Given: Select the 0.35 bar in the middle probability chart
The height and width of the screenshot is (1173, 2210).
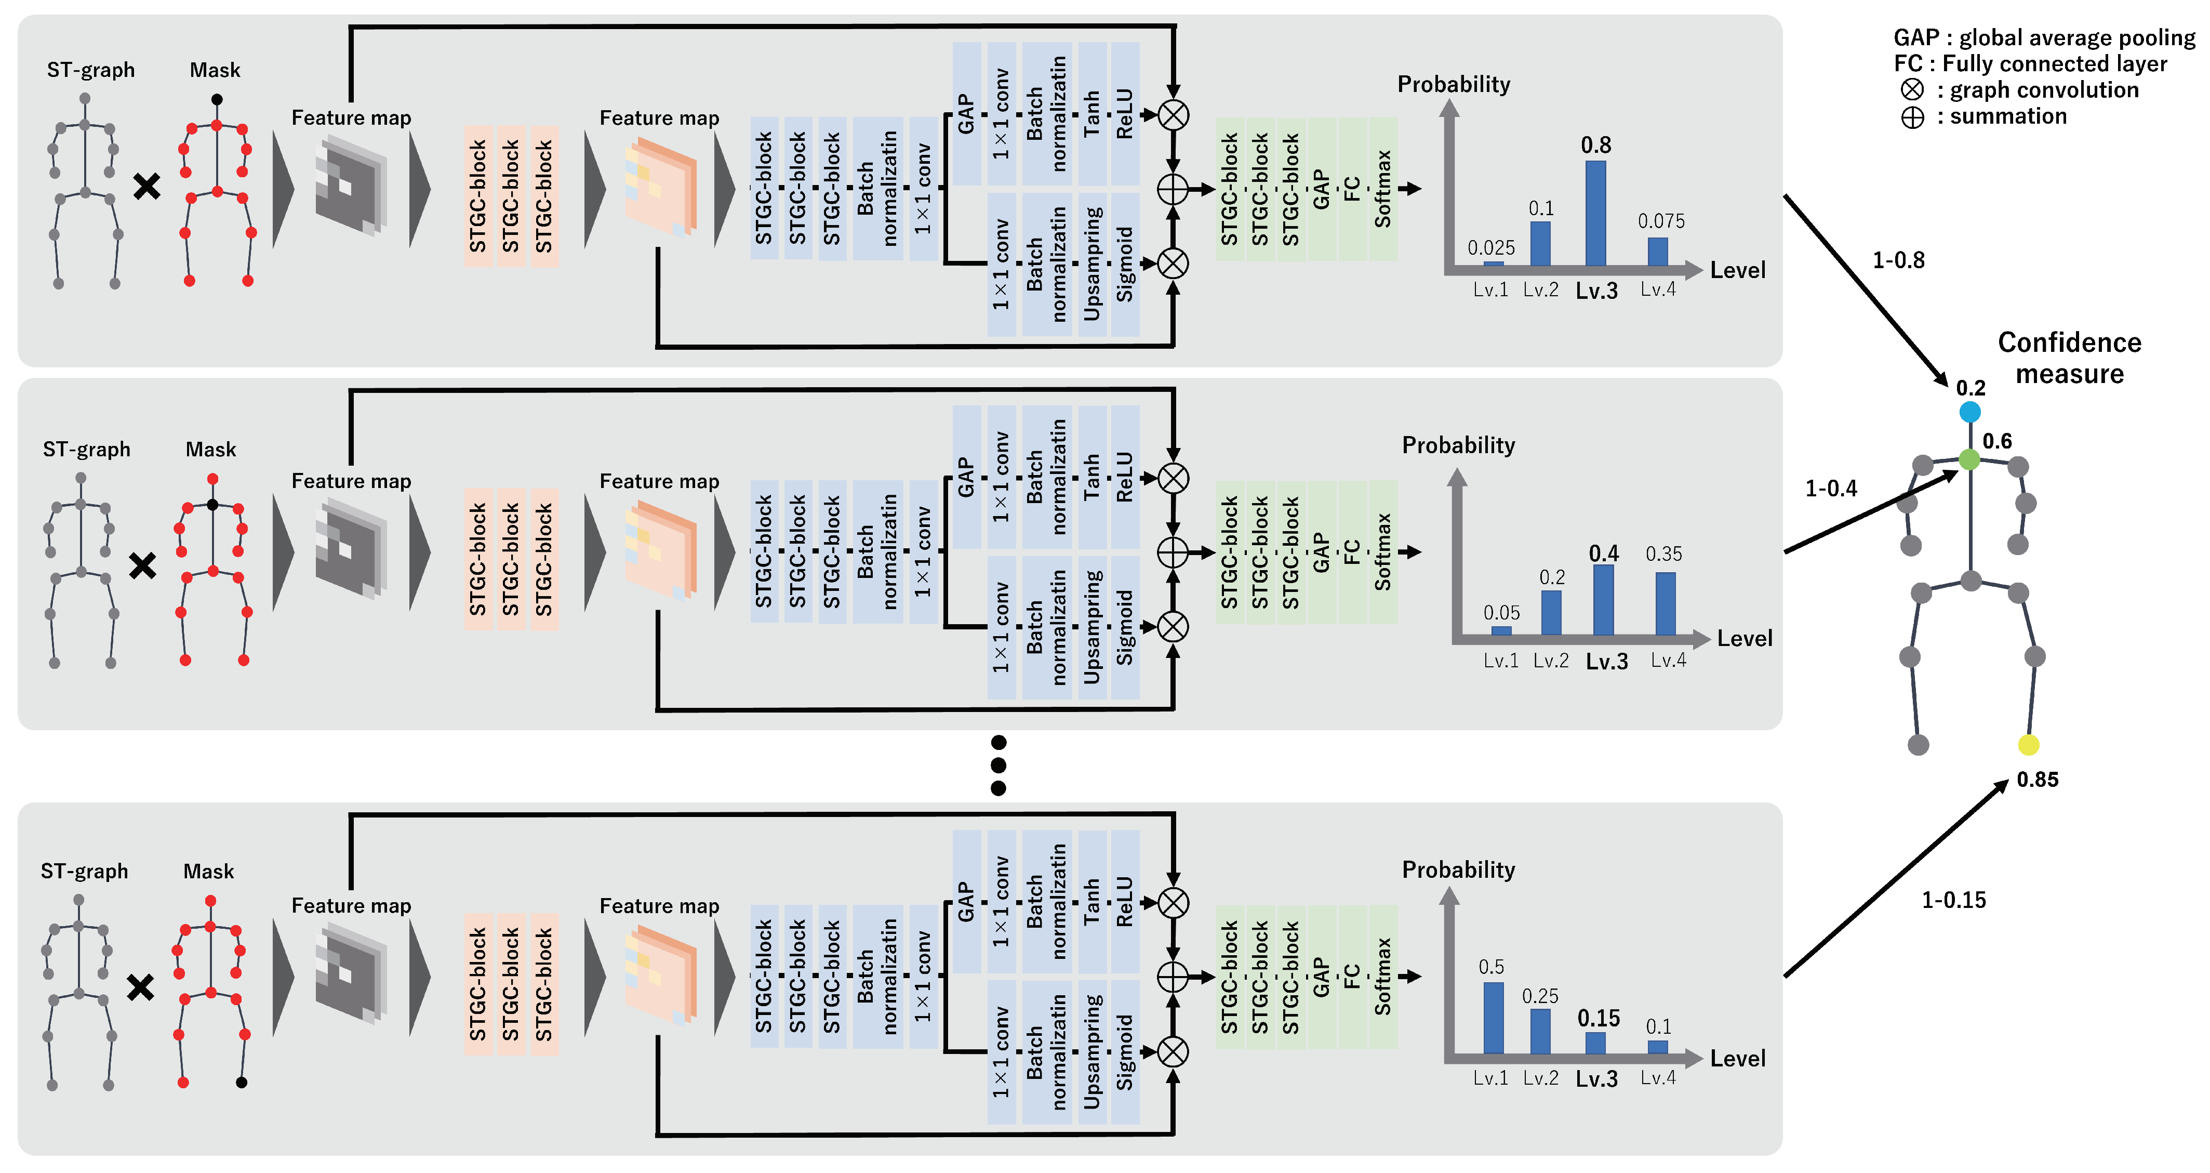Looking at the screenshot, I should point(1665,603).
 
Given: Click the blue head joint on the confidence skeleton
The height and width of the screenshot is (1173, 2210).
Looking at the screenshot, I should point(1970,412).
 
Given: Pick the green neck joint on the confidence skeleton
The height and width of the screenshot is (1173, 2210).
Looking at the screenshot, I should point(1970,460).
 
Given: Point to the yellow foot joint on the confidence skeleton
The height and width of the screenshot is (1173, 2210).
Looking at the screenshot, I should point(2028,745).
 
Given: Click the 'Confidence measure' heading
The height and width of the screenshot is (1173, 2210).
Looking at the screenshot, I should point(2069,358).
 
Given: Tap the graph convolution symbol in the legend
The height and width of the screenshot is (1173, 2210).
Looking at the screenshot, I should point(1912,90).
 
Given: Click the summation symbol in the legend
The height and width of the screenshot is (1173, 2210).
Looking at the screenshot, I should point(1912,117).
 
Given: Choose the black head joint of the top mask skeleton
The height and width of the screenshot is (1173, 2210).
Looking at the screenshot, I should point(217,100).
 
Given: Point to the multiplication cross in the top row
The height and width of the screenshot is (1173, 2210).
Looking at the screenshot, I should point(147,186).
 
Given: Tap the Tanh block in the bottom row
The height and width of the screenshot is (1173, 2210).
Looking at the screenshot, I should point(1091,901).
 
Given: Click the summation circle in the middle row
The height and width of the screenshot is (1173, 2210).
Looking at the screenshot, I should point(1173,552).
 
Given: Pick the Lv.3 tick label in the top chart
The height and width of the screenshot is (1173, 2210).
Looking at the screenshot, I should point(1596,291).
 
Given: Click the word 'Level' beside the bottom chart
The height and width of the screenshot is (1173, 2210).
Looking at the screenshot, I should point(1737,1058).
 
